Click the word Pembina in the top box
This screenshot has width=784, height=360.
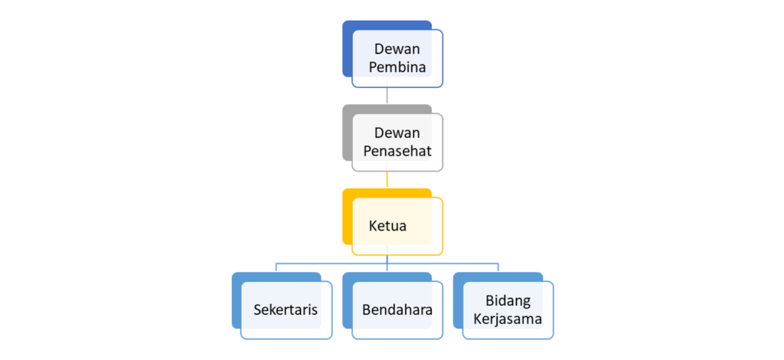pos(397,67)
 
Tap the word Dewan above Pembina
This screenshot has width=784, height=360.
pos(397,49)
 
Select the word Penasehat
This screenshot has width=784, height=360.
pos(397,152)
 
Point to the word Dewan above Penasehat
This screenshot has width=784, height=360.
pos(397,133)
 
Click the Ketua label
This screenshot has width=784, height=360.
pos(387,226)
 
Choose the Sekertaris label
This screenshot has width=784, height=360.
pos(286,309)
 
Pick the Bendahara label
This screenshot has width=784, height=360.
pos(397,309)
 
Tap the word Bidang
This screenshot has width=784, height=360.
pos(508,301)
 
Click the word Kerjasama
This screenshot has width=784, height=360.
pos(508,319)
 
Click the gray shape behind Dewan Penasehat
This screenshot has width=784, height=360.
pos(348,133)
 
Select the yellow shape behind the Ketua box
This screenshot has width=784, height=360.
pos(348,217)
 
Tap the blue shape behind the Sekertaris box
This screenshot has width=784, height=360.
pos(237,300)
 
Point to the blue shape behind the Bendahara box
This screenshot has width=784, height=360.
pos(348,300)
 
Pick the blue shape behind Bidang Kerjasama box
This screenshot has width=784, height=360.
pos(458,300)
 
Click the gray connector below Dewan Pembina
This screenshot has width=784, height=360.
pos(387,96)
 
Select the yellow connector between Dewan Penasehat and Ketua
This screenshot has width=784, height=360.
pos(387,180)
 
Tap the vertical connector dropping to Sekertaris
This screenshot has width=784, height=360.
pos(276,267)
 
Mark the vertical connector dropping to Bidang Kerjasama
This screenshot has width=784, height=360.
pos(498,267)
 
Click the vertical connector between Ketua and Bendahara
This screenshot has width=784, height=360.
pos(387,264)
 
